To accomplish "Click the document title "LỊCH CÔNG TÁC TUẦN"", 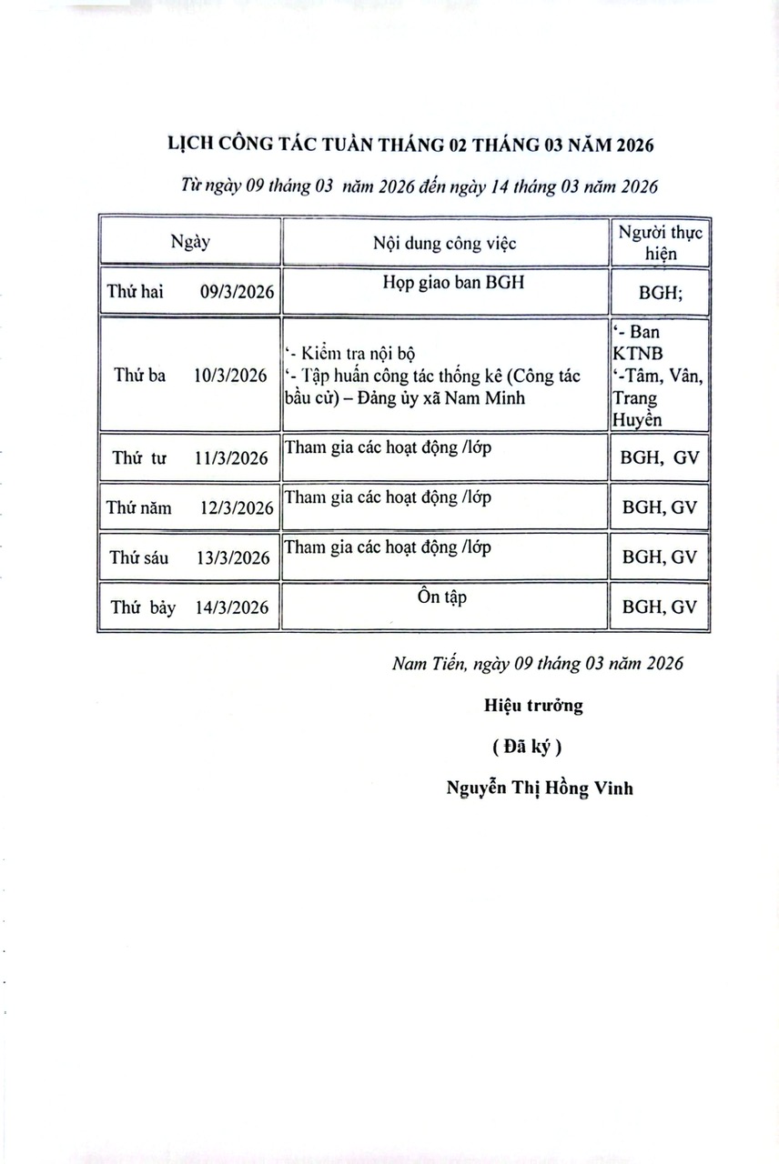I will pos(410,145).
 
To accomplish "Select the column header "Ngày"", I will pos(190,242).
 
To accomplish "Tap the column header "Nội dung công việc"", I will pos(444,243).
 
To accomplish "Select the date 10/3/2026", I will pos(231,375).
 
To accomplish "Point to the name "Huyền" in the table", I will pos(640,419).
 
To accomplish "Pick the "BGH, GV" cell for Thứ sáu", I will pos(660,557).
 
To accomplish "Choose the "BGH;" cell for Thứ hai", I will pos(660,293).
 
